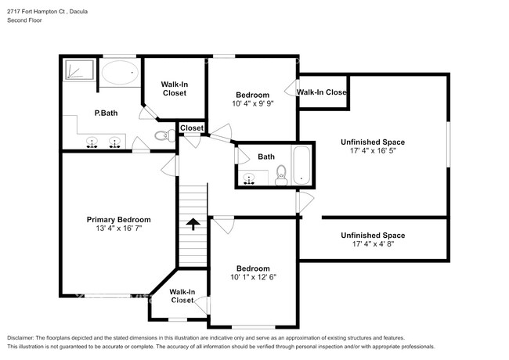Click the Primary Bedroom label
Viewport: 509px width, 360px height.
[118, 220]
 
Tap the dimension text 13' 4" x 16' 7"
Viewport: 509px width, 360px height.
[118, 230]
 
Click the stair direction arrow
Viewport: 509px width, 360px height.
[193, 225]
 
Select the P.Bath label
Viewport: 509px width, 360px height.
[106, 113]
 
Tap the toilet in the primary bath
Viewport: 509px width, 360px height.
[162, 136]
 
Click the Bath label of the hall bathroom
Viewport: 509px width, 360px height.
[266, 157]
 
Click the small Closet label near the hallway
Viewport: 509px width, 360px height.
[192, 128]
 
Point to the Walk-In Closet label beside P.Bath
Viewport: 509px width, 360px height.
[174, 88]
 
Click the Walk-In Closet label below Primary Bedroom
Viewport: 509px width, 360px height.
[182, 297]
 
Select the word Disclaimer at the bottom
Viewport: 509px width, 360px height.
[21, 336]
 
